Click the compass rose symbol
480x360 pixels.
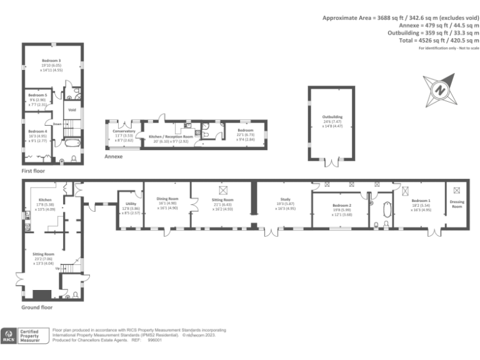(439, 91)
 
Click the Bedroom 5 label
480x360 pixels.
(37, 95)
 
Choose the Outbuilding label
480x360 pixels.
(332, 116)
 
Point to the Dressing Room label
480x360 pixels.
(457, 204)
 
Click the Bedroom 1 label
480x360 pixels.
(417, 201)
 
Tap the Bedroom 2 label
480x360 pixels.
(342, 206)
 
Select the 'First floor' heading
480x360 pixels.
(34, 170)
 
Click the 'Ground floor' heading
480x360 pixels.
(37, 307)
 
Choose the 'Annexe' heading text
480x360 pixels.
(113, 157)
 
